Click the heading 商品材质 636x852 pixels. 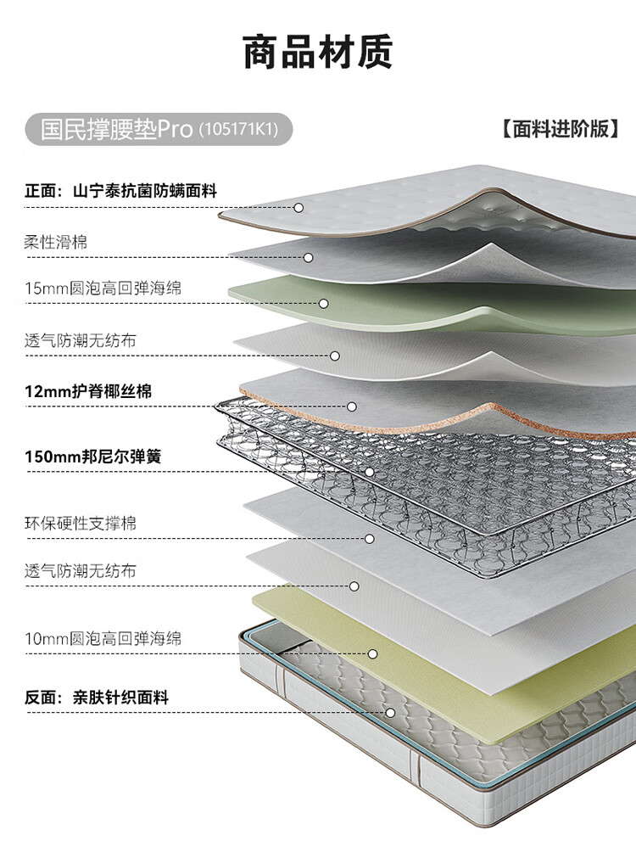(318, 52)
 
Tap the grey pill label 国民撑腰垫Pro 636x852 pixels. (159, 129)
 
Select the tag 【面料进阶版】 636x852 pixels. (561, 129)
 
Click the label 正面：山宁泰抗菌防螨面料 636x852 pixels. (120, 191)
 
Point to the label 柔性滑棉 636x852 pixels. (55, 242)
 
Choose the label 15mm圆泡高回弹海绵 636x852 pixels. (103, 288)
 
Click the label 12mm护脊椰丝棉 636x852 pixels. (88, 391)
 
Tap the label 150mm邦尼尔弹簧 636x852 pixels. (93, 457)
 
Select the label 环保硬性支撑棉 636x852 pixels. (81, 524)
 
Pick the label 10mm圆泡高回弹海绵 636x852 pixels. (103, 638)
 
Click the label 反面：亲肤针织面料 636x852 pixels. (97, 698)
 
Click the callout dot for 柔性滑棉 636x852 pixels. (309, 258)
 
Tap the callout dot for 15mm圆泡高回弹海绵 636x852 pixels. (324, 304)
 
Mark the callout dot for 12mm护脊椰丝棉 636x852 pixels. (352, 406)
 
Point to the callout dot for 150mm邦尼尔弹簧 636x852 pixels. (370, 472)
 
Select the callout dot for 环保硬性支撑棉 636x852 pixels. (370, 539)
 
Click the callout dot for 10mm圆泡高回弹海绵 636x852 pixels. (372, 653)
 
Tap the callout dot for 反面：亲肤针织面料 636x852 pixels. (390, 713)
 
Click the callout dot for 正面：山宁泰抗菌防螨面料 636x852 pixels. (298, 208)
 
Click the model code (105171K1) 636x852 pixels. (238, 130)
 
